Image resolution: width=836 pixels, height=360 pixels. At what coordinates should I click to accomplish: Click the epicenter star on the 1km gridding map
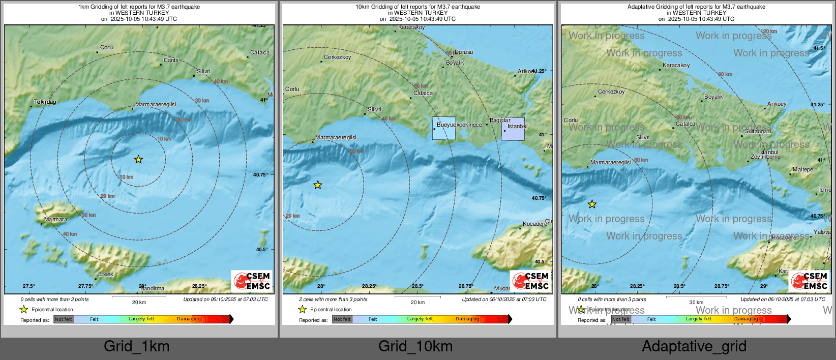(x=138, y=160)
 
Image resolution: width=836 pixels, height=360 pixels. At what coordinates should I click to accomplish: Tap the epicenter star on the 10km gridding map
(x=318, y=185)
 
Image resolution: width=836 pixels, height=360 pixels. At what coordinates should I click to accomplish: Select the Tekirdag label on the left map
(x=45, y=102)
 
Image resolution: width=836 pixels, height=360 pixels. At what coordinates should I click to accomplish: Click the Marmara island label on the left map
(x=55, y=220)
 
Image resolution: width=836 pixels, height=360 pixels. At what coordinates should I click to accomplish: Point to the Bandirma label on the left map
(x=153, y=289)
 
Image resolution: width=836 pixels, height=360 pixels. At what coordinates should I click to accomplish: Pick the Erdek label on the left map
(x=106, y=275)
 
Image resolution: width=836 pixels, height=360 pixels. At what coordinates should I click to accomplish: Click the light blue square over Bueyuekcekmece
(x=444, y=128)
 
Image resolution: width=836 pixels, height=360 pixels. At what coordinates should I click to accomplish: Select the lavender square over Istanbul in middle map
(x=513, y=129)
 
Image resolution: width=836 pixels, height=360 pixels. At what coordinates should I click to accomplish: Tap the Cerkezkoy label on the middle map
(x=338, y=57)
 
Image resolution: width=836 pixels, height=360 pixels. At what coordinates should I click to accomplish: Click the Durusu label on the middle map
(x=463, y=52)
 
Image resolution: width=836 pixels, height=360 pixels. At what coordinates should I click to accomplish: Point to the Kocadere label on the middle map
(x=534, y=224)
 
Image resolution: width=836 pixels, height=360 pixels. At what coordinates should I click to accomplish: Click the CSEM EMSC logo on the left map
(x=252, y=281)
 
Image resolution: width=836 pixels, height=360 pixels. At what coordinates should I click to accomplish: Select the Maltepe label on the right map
(x=803, y=170)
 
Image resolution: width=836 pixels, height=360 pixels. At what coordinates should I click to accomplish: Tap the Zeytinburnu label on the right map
(x=765, y=157)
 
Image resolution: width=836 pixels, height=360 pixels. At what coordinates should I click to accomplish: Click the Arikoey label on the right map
(x=777, y=104)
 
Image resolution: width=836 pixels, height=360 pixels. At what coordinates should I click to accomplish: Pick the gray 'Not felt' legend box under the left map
(x=64, y=319)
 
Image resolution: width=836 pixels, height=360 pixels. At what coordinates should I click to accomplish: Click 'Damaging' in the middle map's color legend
(x=467, y=319)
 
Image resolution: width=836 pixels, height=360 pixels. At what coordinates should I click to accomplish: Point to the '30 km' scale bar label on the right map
(x=696, y=303)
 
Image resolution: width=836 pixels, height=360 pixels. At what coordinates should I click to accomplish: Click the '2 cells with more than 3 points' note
(x=333, y=299)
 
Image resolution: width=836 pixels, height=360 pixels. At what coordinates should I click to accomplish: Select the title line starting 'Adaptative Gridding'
(x=696, y=7)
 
